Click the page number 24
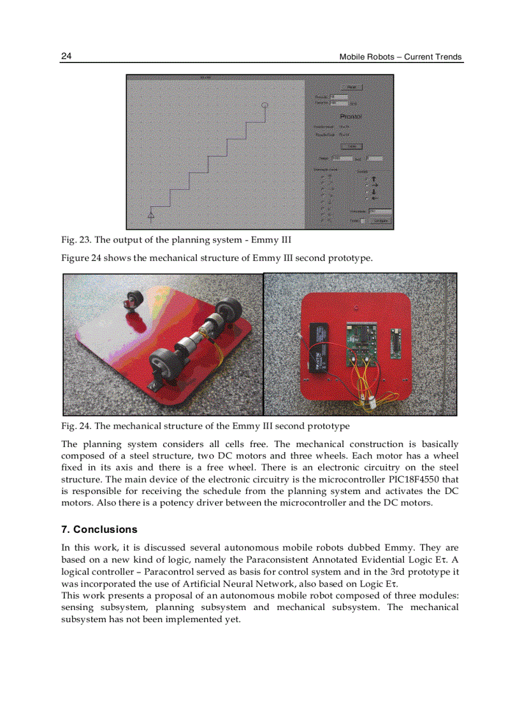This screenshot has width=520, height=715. click(x=66, y=56)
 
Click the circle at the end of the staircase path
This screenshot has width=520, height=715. click(x=265, y=104)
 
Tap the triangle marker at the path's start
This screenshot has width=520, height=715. click(x=151, y=216)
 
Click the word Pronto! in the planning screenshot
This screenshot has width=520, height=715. click(x=351, y=117)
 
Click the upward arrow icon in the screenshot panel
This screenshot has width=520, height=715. click(x=374, y=180)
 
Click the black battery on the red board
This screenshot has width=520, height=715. click(x=319, y=348)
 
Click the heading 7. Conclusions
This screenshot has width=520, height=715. click(x=99, y=530)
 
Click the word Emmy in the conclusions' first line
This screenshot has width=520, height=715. click(x=400, y=548)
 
